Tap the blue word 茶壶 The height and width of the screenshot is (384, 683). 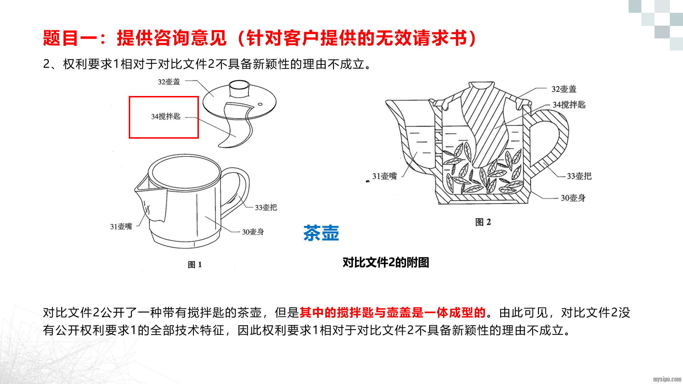(x=321, y=233)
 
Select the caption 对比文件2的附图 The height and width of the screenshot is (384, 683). (x=386, y=262)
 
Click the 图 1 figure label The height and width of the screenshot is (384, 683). (x=195, y=265)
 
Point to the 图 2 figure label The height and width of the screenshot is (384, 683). (x=483, y=222)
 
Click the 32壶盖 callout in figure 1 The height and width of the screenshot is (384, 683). (x=169, y=82)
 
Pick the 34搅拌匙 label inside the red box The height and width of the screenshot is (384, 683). (x=166, y=116)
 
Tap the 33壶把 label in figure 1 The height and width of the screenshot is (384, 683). (x=266, y=207)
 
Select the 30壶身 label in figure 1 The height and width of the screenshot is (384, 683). (x=253, y=232)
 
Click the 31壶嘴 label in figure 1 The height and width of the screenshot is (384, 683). (x=121, y=226)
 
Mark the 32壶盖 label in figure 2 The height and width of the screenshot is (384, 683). (x=564, y=89)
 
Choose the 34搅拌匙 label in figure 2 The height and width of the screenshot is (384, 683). (x=569, y=105)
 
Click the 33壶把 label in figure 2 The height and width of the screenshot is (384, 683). (x=579, y=176)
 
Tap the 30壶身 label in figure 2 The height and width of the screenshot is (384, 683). (x=573, y=198)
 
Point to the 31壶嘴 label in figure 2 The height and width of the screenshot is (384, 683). (x=385, y=176)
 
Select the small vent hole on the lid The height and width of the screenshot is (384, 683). (x=260, y=104)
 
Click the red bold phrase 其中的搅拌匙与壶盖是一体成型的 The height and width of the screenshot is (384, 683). (x=393, y=313)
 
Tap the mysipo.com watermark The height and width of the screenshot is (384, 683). (x=667, y=379)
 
